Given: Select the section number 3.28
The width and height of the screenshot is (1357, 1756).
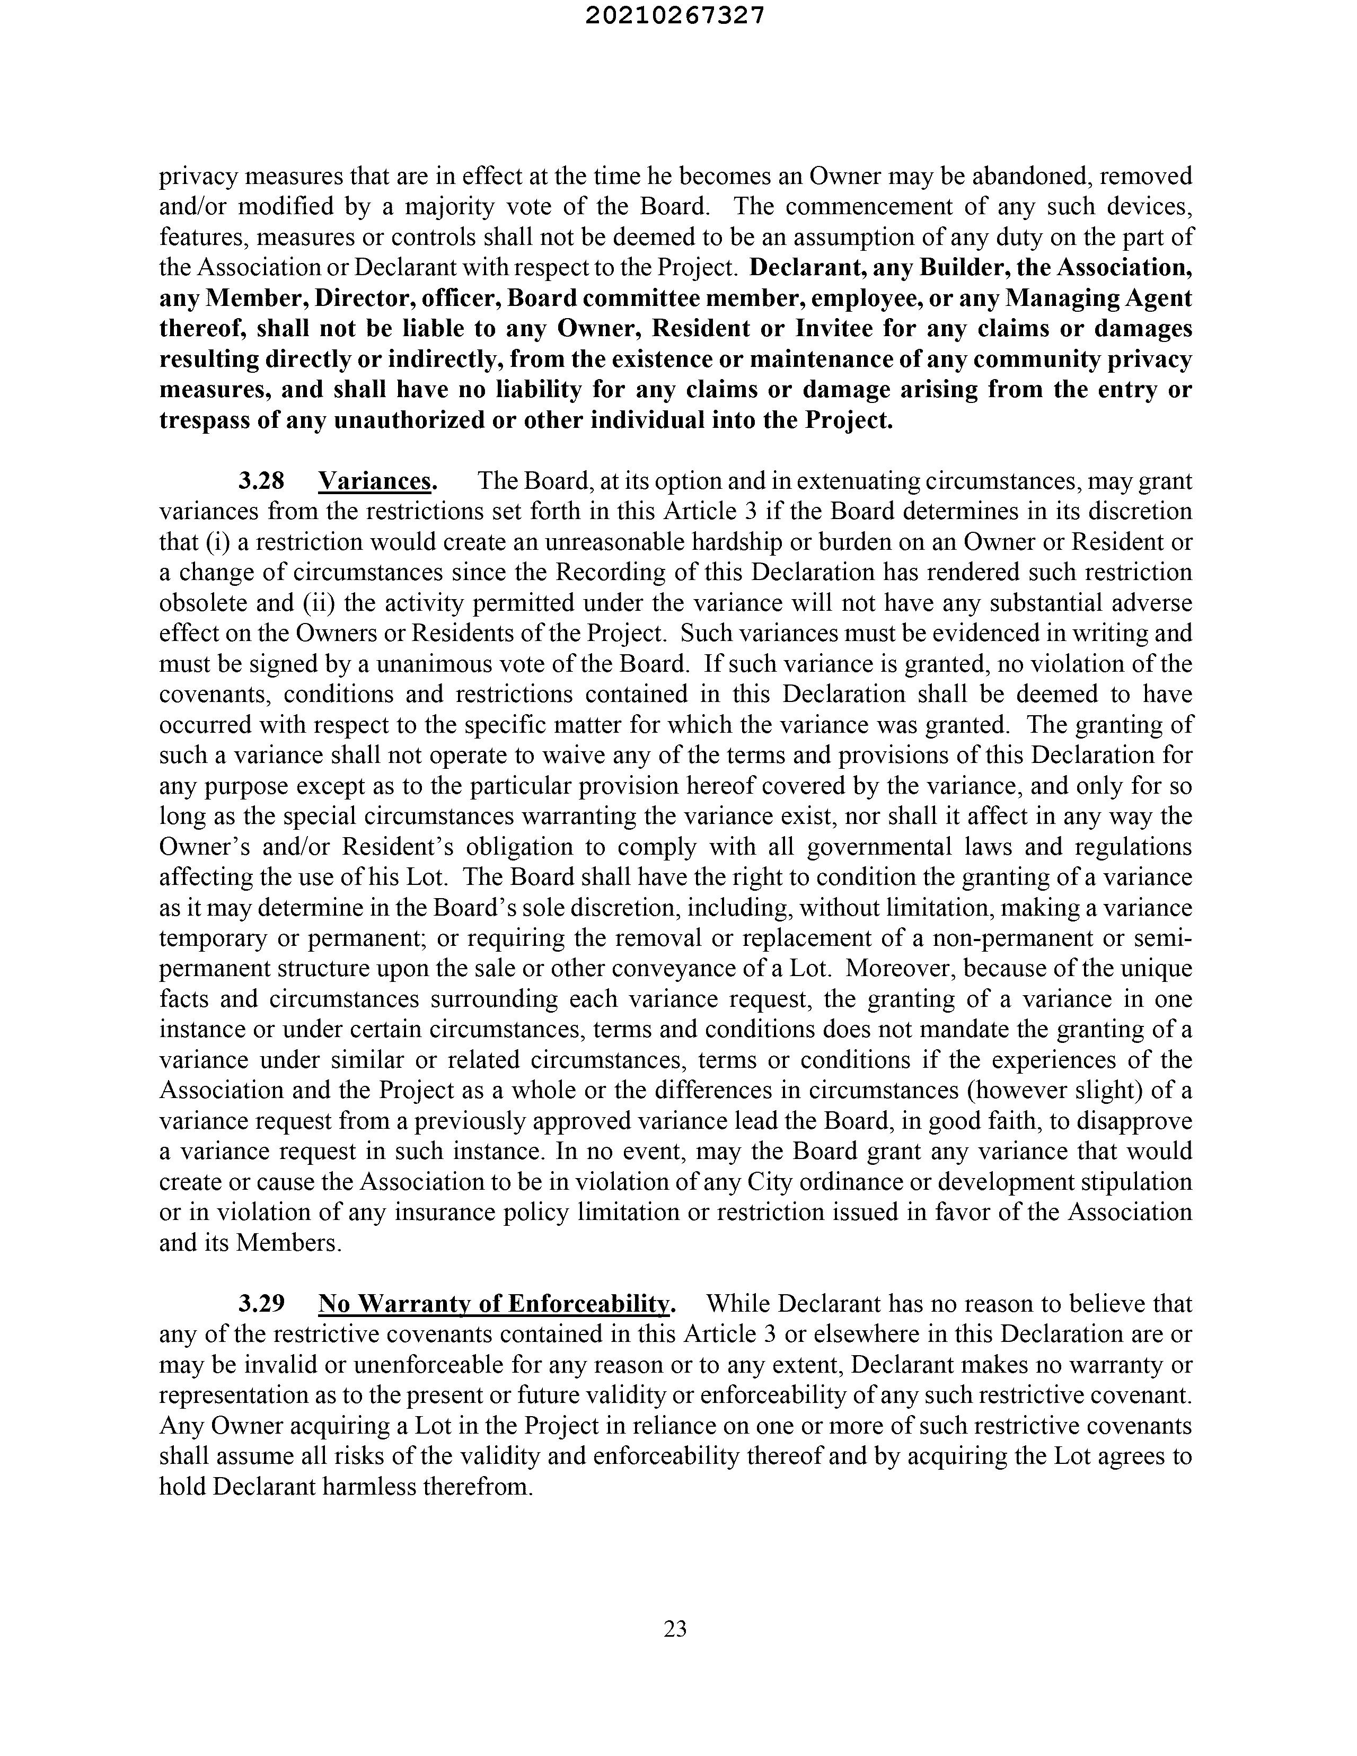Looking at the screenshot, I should pos(261,481).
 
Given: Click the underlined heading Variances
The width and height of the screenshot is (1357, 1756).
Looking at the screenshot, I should pos(377,481).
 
